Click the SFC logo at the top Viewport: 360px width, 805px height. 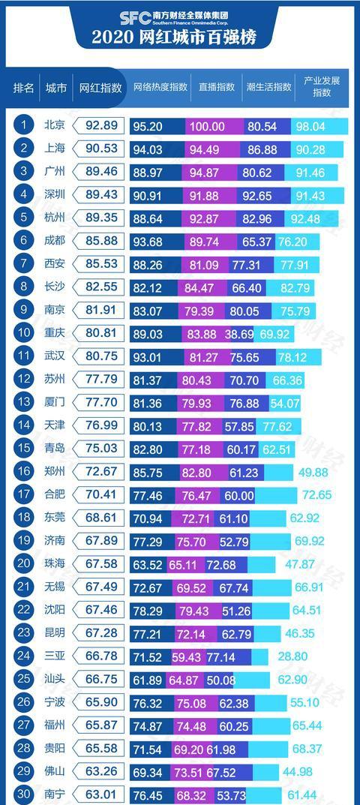pyautogui.click(x=135, y=18)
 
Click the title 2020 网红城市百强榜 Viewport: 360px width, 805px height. pyautogui.click(x=174, y=37)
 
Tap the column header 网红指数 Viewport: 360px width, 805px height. pyautogui.click(x=100, y=87)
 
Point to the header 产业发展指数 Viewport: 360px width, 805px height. pyautogui.click(x=322, y=87)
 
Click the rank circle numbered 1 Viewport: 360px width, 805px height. pyautogui.click(x=23, y=125)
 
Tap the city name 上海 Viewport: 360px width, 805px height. pyautogui.click(x=55, y=149)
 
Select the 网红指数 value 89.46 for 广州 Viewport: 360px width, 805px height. pyautogui.click(x=102, y=171)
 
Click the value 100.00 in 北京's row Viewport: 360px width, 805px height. pyautogui.click(x=208, y=126)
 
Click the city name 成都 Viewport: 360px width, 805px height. pyautogui.click(x=55, y=240)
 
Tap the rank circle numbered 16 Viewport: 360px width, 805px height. pyautogui.click(x=23, y=470)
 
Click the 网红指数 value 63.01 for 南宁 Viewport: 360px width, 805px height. pyautogui.click(x=102, y=794)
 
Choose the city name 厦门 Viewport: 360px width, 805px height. pyautogui.click(x=55, y=401)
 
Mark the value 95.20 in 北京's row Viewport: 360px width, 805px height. pyautogui.click(x=148, y=126)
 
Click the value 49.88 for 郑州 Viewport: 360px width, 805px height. pyautogui.click(x=313, y=472)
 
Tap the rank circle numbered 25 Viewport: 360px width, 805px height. pyautogui.click(x=23, y=679)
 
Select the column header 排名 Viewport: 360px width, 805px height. pyautogui.click(x=23, y=87)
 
